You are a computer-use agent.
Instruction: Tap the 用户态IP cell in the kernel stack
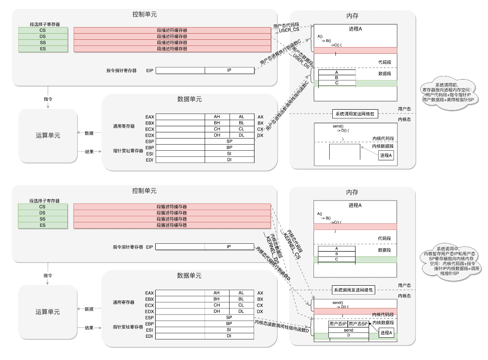pyautogui.click(x=338, y=324)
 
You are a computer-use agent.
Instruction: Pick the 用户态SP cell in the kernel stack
pyautogui.click(x=358, y=324)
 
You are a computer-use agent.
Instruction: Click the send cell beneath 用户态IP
pyautogui.click(x=348, y=330)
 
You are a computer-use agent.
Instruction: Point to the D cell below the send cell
pyautogui.click(x=348, y=336)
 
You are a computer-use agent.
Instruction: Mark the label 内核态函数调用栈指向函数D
pyautogui.click(x=282, y=326)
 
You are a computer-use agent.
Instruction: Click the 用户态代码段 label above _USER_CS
pyautogui.click(x=286, y=26)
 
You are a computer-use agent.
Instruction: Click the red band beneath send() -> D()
pyautogui.click(x=355, y=311)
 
